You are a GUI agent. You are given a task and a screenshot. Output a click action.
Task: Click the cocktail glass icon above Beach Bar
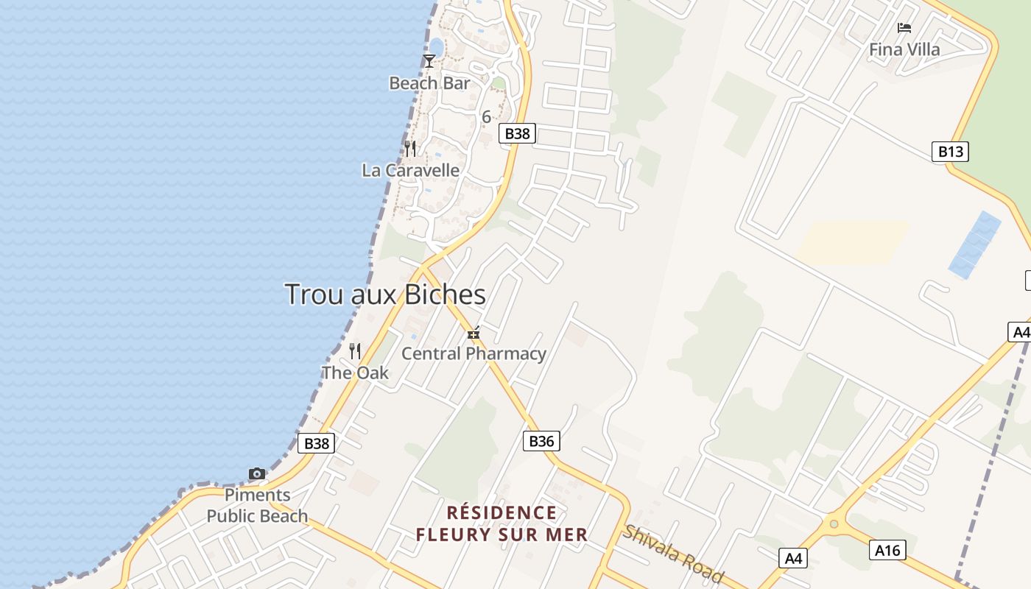tap(429, 60)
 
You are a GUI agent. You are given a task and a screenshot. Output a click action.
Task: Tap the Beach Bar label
tap(429, 83)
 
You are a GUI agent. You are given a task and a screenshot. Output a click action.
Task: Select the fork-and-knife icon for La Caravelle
tap(410, 149)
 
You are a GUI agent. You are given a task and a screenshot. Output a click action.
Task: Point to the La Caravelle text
tap(410, 171)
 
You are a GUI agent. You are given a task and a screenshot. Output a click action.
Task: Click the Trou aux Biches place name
tap(385, 294)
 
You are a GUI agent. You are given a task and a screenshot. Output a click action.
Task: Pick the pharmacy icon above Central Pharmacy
tap(474, 334)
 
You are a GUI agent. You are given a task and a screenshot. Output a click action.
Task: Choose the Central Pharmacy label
tap(474, 354)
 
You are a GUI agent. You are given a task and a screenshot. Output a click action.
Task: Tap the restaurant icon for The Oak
tap(355, 350)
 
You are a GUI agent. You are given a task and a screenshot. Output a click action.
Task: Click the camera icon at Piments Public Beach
tap(257, 473)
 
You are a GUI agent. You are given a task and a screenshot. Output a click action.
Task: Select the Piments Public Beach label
tap(257, 505)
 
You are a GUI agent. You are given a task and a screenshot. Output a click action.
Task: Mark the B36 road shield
tap(541, 441)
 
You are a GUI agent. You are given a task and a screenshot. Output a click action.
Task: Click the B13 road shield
tap(950, 152)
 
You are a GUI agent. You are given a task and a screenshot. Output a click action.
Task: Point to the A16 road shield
tap(887, 549)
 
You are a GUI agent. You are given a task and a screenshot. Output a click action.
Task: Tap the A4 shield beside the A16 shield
tap(793, 558)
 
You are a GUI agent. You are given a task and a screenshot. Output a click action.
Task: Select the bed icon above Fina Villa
tap(904, 28)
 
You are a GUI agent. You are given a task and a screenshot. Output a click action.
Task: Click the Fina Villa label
tap(904, 50)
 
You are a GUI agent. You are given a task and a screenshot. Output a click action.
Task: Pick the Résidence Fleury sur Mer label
tap(502, 523)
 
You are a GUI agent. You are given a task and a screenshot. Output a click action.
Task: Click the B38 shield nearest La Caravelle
tap(517, 133)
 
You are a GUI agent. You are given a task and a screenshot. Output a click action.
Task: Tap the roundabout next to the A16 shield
tap(834, 524)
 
